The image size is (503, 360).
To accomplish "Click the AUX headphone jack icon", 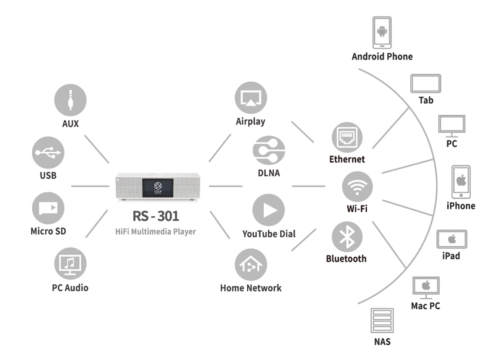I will pos(70,100).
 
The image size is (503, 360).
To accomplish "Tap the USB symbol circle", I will pos(48,153).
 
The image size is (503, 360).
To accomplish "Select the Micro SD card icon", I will pos(48,208).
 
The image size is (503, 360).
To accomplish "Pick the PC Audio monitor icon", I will pos(70,264).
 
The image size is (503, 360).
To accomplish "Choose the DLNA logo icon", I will pos(269,150).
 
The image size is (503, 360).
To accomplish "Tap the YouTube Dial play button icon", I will pos(269,210).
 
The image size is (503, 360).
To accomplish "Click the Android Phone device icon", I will pos(382,33).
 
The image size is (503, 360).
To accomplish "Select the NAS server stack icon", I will pos(382,321).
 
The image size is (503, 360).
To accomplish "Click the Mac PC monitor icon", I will pos(426,287).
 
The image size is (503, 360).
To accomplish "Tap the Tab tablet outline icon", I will pos(425,83).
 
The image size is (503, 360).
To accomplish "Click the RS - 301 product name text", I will pos(156,216).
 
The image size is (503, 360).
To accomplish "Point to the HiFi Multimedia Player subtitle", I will pos(156,231).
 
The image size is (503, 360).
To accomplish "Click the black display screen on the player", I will pos(158,187).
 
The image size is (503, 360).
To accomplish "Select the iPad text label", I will pos(451,256).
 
